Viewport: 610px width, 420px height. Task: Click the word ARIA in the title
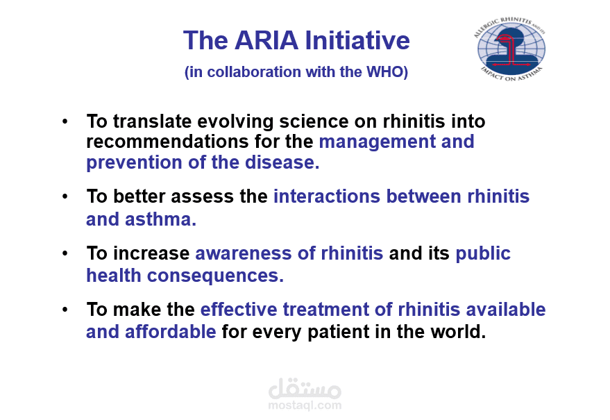[x=266, y=40]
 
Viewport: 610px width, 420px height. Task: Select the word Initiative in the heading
[x=357, y=40]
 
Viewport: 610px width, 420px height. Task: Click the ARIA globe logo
[x=510, y=49]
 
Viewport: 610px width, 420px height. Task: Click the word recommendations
[x=167, y=142]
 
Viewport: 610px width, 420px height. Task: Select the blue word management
[x=377, y=142]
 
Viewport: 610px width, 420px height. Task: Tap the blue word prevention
[x=134, y=162]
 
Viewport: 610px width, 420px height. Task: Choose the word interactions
[x=327, y=196]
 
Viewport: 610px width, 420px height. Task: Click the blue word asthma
[x=160, y=219]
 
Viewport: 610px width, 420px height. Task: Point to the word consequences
[x=215, y=276]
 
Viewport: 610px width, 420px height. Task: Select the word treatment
[x=325, y=310]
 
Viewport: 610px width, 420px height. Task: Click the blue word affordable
[x=171, y=332]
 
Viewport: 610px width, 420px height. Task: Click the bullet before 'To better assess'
[x=65, y=196]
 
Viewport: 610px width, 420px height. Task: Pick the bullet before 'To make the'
[x=65, y=310]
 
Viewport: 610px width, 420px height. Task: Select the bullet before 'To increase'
[x=65, y=253]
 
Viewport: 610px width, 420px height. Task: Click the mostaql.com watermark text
[x=305, y=405]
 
